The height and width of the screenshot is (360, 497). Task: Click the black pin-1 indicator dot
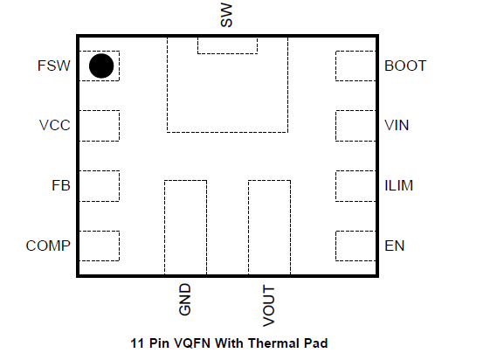(101, 66)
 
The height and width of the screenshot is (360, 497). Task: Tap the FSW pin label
(54, 66)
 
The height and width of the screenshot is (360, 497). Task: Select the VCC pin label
(54, 125)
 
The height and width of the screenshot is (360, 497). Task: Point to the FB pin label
(61, 185)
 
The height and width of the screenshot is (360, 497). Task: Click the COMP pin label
(48, 246)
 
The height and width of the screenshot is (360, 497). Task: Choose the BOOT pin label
(405, 66)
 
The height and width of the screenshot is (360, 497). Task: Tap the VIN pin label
(397, 125)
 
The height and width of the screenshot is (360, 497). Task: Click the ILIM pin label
(399, 185)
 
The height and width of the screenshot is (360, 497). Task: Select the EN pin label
(395, 246)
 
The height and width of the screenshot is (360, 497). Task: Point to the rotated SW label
(226, 15)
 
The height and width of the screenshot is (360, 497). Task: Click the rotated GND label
(185, 300)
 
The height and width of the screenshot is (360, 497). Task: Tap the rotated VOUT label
(269, 306)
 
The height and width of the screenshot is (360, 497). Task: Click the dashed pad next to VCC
(100, 126)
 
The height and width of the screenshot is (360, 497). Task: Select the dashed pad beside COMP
(100, 246)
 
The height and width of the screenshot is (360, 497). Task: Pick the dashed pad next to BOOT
(355, 66)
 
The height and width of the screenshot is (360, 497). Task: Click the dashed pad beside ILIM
(355, 186)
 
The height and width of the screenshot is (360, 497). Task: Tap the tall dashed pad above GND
(185, 227)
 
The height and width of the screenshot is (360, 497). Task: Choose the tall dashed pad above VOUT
(269, 227)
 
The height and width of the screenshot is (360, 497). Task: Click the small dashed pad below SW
(228, 45)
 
